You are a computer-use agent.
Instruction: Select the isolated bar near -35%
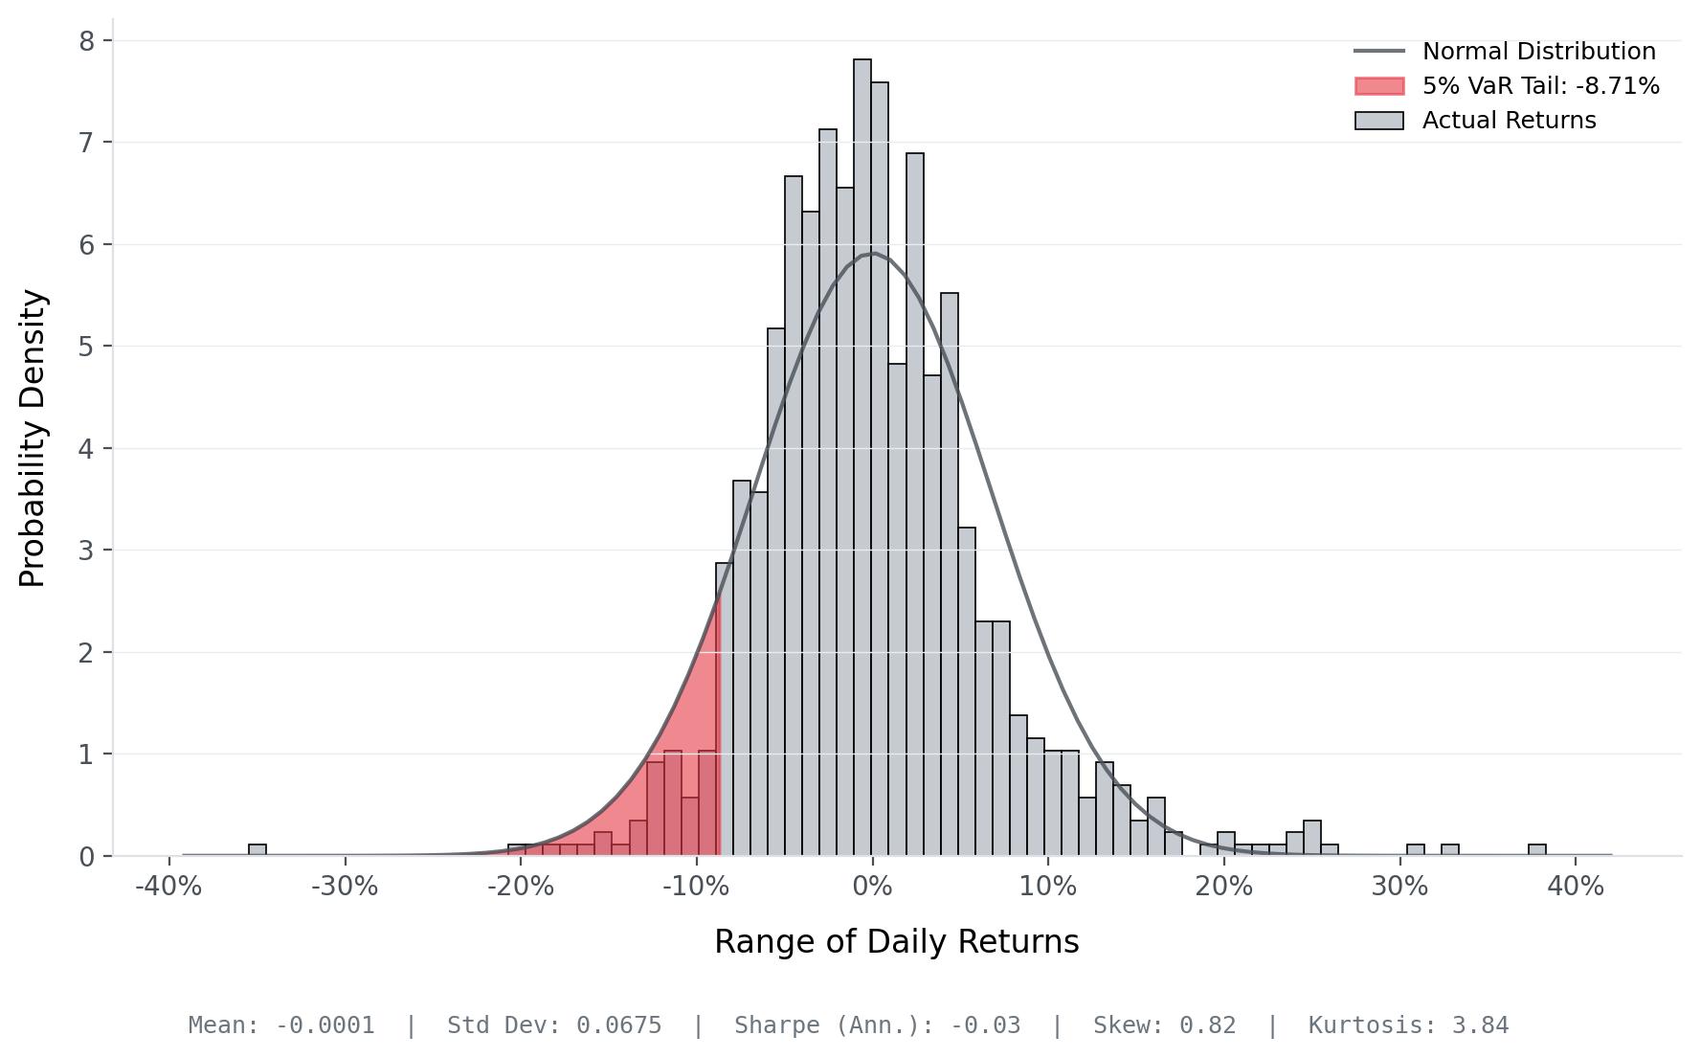tap(257, 850)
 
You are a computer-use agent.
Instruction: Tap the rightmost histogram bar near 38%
tap(1536, 850)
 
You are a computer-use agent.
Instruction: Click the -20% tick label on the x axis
tap(520, 887)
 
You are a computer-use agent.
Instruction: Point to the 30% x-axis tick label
tap(1399, 887)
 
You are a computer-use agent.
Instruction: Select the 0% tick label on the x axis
tap(872, 887)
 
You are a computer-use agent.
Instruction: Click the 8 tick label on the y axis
tap(87, 41)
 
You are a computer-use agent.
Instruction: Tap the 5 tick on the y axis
tap(87, 346)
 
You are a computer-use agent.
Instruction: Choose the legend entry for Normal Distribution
tap(1538, 52)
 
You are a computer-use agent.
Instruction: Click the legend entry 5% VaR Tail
tap(1540, 86)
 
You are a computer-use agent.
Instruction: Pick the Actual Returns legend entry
tap(1509, 121)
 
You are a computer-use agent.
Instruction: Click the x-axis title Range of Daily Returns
tap(896, 942)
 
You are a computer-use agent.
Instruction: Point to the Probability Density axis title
tap(33, 439)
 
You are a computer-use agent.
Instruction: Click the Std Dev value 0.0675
tap(618, 1025)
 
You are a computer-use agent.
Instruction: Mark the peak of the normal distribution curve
tap(871, 254)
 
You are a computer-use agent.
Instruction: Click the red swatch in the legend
tap(1379, 86)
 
